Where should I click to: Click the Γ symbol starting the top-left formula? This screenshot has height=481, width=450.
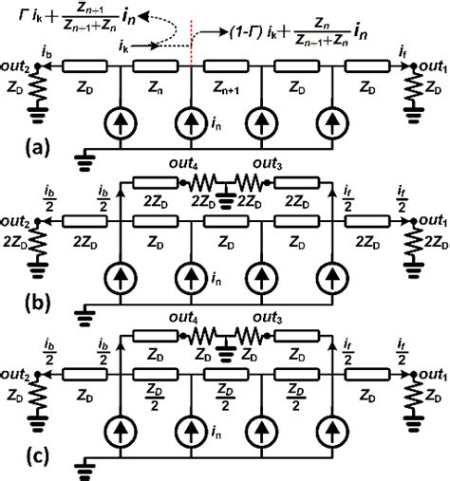[x=9, y=16]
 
